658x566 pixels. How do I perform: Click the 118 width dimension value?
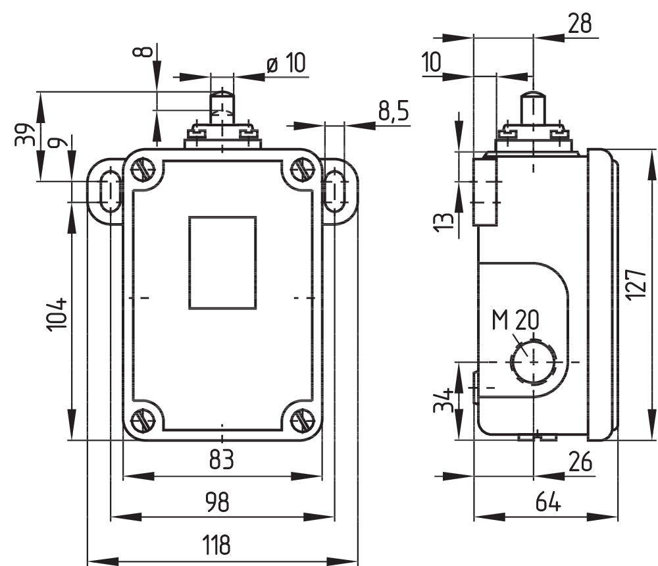point(216,545)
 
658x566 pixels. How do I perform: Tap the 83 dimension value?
point(222,459)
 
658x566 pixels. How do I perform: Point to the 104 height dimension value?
point(58,314)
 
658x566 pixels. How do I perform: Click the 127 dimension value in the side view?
point(636,284)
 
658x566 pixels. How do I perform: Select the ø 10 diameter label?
point(286,63)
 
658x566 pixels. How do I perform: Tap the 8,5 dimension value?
point(393,111)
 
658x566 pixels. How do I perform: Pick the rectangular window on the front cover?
point(222,263)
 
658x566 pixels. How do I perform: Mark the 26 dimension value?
point(578,461)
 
